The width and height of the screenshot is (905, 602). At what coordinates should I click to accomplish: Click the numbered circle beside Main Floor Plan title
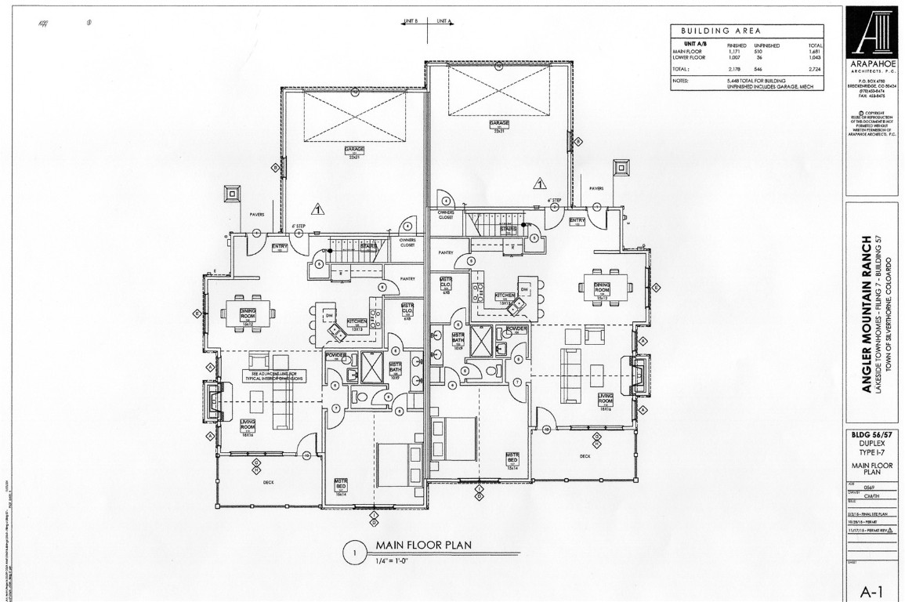click(354, 553)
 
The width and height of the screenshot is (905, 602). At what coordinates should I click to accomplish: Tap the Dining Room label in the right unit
click(603, 288)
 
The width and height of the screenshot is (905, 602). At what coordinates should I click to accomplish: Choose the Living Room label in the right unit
click(605, 399)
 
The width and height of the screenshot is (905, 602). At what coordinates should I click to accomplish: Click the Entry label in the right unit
click(577, 220)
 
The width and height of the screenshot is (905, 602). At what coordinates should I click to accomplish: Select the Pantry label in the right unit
click(447, 252)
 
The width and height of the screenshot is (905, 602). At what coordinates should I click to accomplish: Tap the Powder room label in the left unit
click(335, 355)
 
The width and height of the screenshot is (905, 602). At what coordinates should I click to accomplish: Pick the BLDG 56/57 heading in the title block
click(874, 433)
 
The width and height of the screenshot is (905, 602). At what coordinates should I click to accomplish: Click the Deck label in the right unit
click(584, 455)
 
